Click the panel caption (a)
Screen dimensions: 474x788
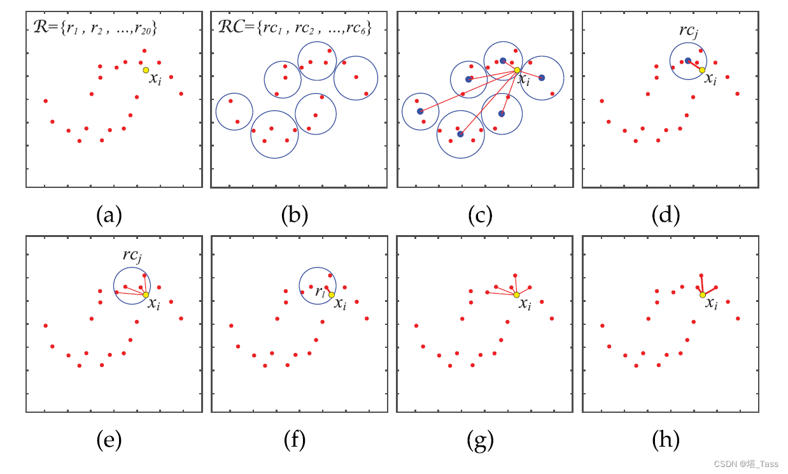click(108, 215)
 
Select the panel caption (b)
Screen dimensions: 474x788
click(294, 215)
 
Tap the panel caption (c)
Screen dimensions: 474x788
click(480, 215)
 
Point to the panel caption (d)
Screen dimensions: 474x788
click(666, 215)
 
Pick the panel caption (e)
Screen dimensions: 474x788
click(108, 439)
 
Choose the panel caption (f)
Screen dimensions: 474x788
click(294, 439)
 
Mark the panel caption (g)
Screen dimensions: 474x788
click(480, 439)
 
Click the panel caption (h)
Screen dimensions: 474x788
click(666, 439)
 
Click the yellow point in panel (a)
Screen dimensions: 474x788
click(146, 70)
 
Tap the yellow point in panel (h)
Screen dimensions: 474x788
click(702, 294)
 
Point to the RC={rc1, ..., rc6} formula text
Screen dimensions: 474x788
click(291, 27)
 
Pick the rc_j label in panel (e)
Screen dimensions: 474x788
click(132, 255)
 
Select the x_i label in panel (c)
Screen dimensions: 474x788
click(523, 80)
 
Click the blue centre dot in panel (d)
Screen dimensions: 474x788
click(688, 61)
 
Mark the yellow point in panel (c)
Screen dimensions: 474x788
click(517, 70)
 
